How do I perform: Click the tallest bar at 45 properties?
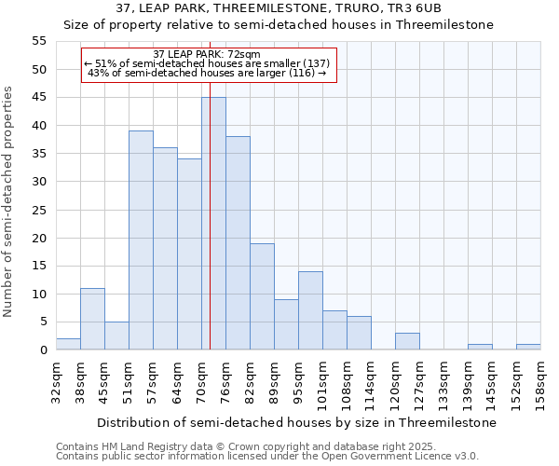tap(213, 224)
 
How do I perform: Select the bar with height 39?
tap(141, 240)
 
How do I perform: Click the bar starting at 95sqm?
tap(310, 310)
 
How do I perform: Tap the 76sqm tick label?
tap(225, 380)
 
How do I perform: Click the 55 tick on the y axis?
tap(38, 41)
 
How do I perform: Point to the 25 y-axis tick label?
tap(38, 210)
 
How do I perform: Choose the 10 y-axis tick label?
tap(38, 295)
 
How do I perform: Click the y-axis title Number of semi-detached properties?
tap(9, 201)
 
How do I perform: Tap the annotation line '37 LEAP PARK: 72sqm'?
tap(207, 54)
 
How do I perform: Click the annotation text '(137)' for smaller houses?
tap(312, 63)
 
